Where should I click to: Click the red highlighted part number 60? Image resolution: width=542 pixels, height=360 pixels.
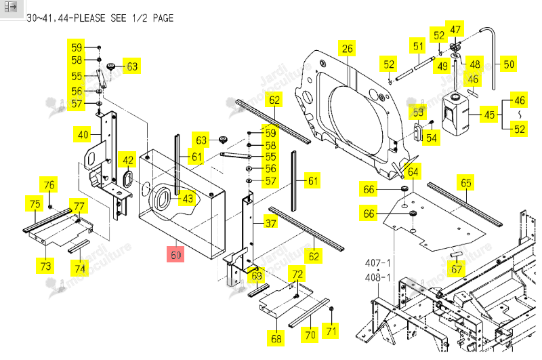pos(175,254)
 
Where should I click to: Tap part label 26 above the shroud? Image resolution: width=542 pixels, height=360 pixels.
pos(347,49)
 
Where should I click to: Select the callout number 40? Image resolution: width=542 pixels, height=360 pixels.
pos(82,134)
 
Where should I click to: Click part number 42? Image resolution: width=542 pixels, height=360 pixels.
pos(127,160)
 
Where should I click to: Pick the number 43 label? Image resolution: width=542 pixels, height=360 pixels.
pos(188,199)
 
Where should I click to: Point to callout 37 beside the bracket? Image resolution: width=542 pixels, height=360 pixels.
pos(270,223)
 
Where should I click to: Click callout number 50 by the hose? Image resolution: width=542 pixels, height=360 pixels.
pos(509,64)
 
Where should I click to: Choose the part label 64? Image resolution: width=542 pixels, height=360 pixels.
pos(413,172)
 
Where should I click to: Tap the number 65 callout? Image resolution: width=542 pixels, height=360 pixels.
pos(465,182)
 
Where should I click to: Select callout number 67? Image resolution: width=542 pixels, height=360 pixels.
pos(456,269)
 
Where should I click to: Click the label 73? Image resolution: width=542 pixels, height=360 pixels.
pos(45,266)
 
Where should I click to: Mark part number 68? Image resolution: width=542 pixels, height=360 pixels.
pos(276,338)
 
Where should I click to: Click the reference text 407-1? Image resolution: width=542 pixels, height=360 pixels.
pos(378,263)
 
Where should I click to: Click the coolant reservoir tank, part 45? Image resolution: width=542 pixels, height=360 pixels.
pos(455,114)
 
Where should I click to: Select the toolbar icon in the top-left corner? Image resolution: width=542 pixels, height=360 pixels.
pos(11,7)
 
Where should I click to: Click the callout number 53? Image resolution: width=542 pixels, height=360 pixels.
pos(417,113)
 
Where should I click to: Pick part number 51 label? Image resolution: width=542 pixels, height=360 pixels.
pos(418,46)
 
